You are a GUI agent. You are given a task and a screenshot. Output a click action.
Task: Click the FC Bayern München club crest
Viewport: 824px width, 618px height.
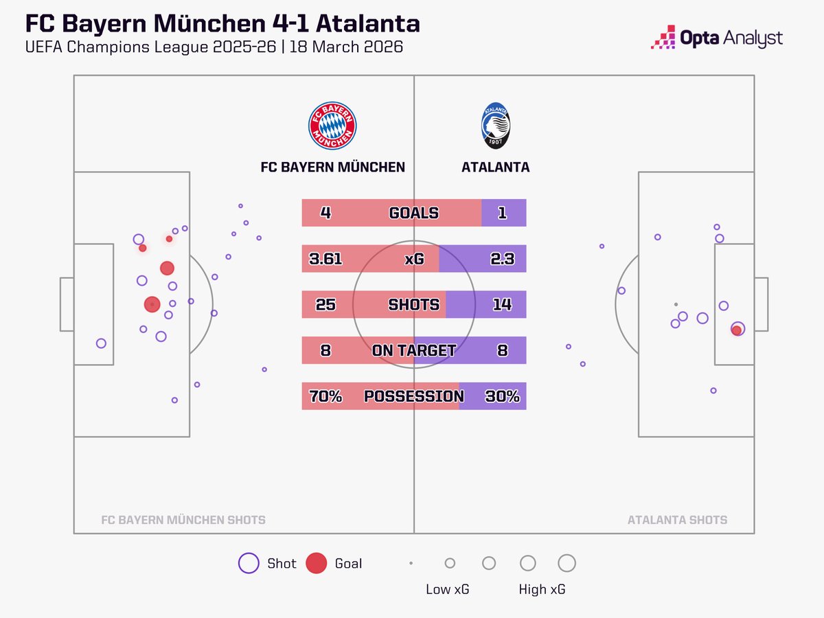pos(332,126)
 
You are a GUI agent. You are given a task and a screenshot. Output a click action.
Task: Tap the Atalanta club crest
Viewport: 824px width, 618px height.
pos(495,126)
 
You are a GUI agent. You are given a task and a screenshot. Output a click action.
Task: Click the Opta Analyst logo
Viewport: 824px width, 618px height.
pos(716,38)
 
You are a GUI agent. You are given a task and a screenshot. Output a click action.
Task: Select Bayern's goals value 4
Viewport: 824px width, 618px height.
pos(326,213)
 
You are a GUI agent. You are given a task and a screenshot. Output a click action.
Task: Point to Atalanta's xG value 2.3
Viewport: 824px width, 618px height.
pos(502,259)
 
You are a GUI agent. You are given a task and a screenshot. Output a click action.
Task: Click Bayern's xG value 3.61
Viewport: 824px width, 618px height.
pos(325,259)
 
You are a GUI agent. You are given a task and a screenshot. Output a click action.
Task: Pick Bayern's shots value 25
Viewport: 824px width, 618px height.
pos(326,304)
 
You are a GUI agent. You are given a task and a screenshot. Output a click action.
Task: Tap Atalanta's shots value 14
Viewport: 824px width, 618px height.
pos(502,304)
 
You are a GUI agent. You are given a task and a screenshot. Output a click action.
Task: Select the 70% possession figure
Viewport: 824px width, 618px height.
pos(325,396)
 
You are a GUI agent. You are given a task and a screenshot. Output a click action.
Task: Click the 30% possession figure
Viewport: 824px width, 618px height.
pos(503,396)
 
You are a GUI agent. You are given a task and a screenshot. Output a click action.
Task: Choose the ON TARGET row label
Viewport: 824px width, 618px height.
pos(413,350)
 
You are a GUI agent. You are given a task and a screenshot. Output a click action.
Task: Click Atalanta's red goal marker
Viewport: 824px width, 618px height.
pos(737,330)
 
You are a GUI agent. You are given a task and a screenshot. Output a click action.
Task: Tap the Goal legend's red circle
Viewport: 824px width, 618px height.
pos(316,564)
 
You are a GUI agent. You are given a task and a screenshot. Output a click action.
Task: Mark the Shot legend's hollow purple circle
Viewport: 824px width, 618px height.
pos(248,564)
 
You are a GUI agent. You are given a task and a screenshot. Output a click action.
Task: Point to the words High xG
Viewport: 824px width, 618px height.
pos(542,589)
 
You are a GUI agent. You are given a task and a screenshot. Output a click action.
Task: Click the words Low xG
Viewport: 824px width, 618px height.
pos(448,589)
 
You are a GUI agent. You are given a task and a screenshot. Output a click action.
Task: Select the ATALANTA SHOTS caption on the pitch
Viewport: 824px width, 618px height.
pos(677,520)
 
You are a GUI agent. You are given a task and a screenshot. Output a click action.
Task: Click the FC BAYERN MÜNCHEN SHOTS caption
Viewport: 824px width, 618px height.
pos(183,520)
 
